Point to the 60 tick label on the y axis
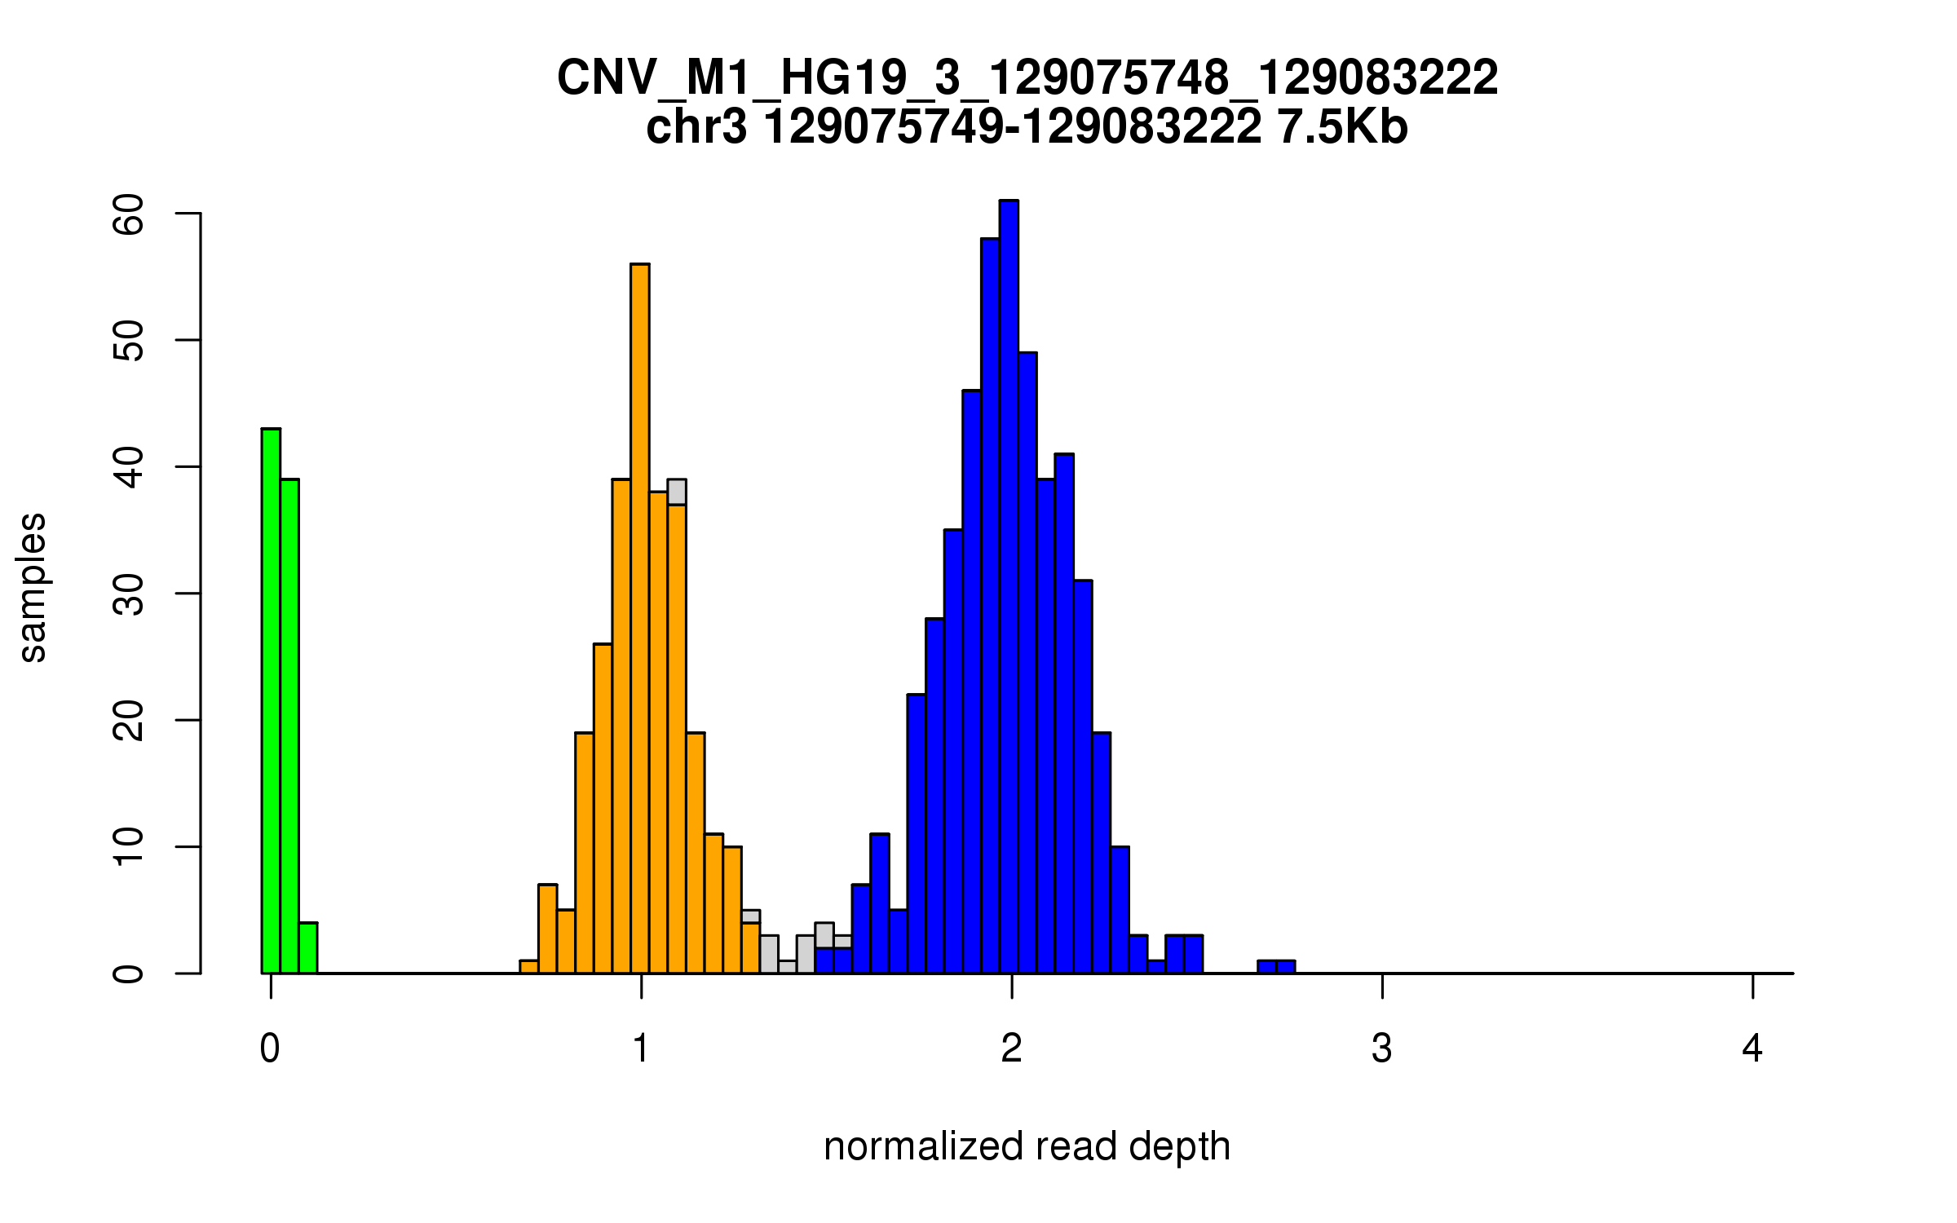point(129,214)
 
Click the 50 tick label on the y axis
point(129,341)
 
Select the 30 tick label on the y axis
point(129,594)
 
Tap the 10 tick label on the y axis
point(129,847)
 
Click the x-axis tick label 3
point(1382,1049)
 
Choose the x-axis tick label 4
point(1752,1049)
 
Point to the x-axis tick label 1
point(642,1049)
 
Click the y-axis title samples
point(33,587)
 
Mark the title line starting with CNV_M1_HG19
point(1027,78)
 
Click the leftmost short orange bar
point(529,967)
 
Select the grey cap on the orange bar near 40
point(677,492)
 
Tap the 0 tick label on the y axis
point(129,974)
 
